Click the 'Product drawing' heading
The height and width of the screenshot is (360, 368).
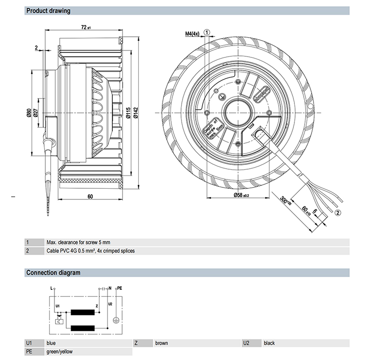[x=48, y=11]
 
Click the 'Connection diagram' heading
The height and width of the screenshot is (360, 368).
[x=53, y=273]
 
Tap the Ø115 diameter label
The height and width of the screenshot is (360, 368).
[x=127, y=115]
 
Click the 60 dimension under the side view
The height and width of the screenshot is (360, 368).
[x=90, y=196]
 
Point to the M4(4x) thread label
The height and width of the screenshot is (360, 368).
[x=192, y=34]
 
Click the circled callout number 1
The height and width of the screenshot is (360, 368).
[x=207, y=32]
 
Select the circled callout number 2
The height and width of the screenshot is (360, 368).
[x=338, y=212]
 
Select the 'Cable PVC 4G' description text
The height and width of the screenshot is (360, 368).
[x=90, y=251]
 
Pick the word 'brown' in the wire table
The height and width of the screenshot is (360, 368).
[x=161, y=343]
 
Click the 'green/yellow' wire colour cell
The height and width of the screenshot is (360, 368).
[x=59, y=352]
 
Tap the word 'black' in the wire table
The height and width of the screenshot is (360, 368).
[x=269, y=343]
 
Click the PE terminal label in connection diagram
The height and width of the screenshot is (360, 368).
[x=119, y=288]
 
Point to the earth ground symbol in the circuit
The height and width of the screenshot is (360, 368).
[x=116, y=320]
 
